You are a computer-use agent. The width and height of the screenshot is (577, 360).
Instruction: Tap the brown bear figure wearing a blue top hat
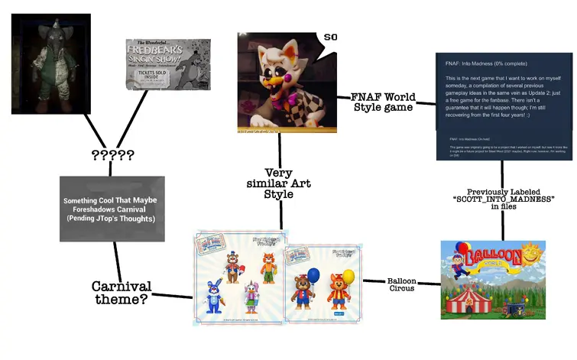[230, 263]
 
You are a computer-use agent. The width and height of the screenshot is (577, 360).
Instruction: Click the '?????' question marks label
[112, 156]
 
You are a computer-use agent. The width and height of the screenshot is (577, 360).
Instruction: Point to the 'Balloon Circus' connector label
[400, 285]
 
